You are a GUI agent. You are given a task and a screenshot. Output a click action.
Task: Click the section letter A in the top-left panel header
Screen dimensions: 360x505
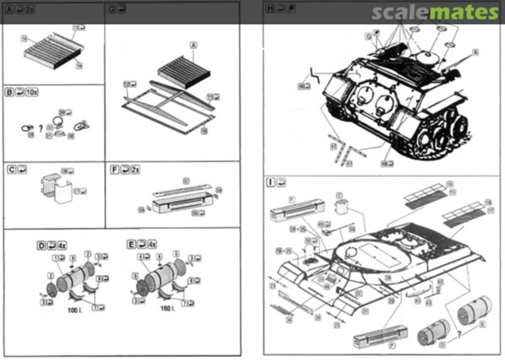pos(9,8)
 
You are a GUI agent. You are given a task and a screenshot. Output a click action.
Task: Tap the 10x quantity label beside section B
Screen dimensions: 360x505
pos(32,92)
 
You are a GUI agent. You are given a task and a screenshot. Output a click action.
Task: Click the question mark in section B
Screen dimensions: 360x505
pos(41,127)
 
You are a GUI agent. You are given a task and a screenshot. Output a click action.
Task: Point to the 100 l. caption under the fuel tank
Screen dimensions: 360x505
pos(74,310)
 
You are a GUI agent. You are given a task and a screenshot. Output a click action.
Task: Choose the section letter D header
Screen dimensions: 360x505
pos(42,245)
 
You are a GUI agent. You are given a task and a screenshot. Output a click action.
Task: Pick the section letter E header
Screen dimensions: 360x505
pos(132,244)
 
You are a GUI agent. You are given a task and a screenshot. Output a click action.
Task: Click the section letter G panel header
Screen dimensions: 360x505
pos(111,8)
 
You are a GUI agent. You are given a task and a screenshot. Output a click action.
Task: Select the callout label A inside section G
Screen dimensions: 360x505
pos(193,45)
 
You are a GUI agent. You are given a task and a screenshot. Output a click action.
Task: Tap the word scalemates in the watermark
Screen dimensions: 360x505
pos(435,13)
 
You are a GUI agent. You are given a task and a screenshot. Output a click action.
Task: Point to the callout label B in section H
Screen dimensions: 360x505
pos(475,52)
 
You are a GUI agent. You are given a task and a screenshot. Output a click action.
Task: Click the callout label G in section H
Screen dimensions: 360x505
pos(368,36)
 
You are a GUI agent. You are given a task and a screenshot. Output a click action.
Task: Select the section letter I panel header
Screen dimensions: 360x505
pos(270,182)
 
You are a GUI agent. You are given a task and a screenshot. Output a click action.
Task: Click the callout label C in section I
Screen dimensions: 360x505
pos(339,196)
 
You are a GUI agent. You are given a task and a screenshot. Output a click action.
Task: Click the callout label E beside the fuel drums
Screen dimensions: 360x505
pos(482,324)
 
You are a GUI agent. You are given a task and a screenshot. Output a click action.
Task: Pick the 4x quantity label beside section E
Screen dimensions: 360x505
pos(152,244)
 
